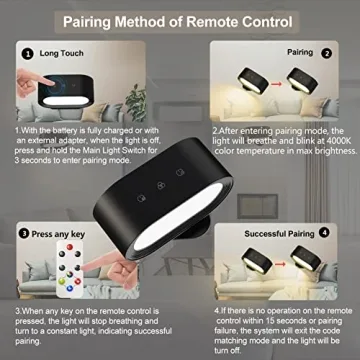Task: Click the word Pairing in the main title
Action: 111,20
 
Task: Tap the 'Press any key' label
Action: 61,235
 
